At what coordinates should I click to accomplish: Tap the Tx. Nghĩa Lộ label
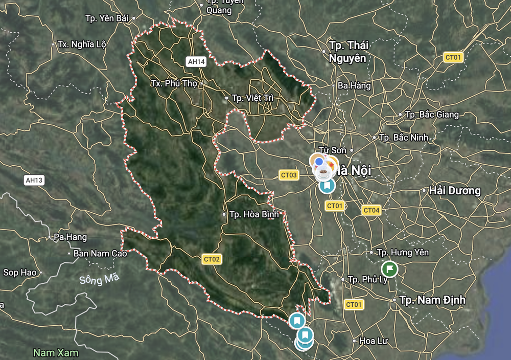[82, 44]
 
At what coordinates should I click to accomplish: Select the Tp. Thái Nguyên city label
[348, 52]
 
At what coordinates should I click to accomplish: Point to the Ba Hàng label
[354, 85]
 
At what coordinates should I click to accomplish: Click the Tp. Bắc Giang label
[431, 115]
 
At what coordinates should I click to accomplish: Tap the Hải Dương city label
[455, 191]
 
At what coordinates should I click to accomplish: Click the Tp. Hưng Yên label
[402, 252]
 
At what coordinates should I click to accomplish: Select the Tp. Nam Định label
[432, 300]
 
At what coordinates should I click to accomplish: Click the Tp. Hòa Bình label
[254, 214]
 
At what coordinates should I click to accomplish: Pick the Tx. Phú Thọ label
[174, 83]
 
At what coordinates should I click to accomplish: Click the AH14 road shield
[196, 62]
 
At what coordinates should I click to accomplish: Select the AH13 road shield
[34, 179]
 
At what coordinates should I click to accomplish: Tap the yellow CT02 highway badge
[212, 259]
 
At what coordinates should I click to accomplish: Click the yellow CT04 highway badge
[371, 210]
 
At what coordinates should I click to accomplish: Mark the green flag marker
[389, 268]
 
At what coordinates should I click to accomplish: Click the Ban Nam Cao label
[100, 253]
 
